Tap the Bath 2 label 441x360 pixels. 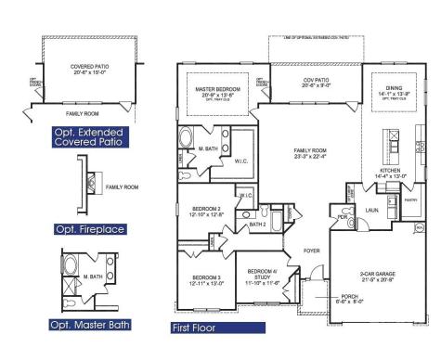pos(257,224)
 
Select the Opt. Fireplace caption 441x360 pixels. pos(90,227)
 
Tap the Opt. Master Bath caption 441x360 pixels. pos(90,325)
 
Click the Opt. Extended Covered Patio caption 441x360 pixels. pos(90,138)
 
